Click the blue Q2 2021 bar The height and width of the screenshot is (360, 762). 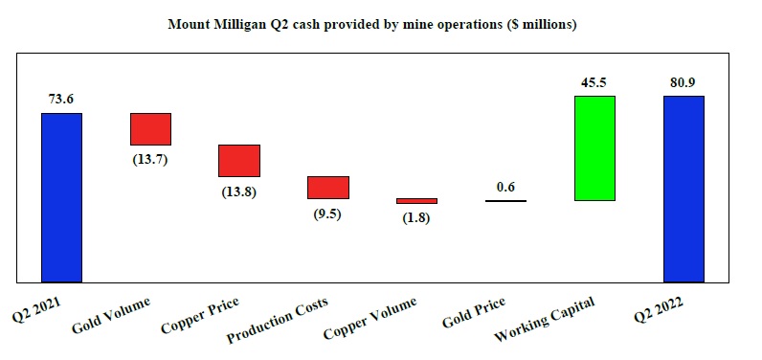(61, 197)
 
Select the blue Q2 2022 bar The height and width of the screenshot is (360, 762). (684, 189)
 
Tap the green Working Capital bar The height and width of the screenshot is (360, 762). (594, 147)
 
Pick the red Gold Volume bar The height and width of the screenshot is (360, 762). (150, 128)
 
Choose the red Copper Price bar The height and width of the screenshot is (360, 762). (239, 160)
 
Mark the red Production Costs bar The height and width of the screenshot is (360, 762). (328, 187)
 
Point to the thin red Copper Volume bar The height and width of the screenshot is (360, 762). (416, 201)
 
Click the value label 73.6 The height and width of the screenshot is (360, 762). (61, 98)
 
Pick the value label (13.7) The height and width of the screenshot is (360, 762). (150, 160)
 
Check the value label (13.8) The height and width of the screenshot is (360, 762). (239, 192)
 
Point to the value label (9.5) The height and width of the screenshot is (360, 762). (328, 214)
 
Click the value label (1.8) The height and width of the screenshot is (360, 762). (416, 219)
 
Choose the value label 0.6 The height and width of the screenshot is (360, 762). (505, 187)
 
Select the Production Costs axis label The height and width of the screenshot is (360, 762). (278, 321)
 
